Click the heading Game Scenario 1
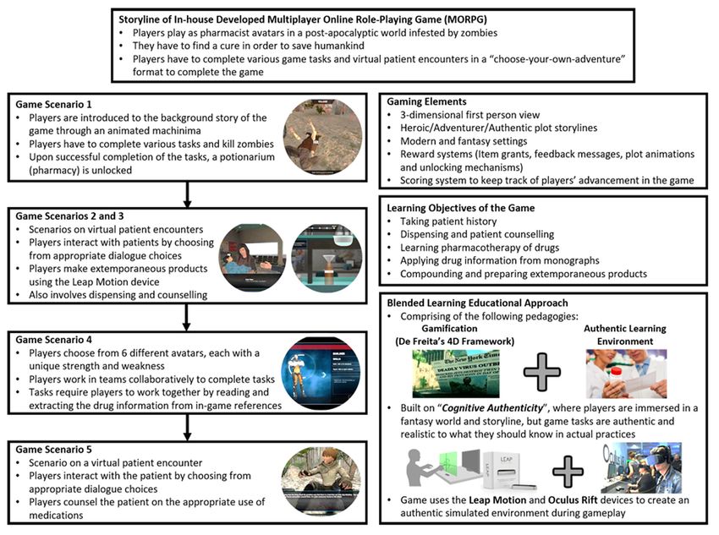pyautogui.click(x=53, y=105)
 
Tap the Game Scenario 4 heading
pyautogui.click(x=53, y=340)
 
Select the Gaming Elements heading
pyautogui.click(x=426, y=101)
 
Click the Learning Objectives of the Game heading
pyautogui.click(x=460, y=208)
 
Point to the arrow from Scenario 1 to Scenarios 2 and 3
pyautogui.click(x=187, y=194)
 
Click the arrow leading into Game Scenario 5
pyautogui.click(x=187, y=428)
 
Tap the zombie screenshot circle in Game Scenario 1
pyautogui.click(x=322, y=137)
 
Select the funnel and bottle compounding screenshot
pyautogui.click(x=327, y=258)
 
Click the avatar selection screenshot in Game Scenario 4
pyautogui.click(x=320, y=373)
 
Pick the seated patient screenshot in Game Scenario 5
pyautogui.click(x=321, y=481)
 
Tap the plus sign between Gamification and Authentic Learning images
pyautogui.click(x=542, y=372)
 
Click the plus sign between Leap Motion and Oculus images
pyautogui.click(x=568, y=472)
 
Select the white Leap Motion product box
pyautogui.click(x=509, y=471)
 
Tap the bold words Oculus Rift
pyautogui.click(x=573, y=500)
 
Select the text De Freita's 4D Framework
pyautogui.click(x=455, y=341)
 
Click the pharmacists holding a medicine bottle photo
pyautogui.click(x=626, y=374)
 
